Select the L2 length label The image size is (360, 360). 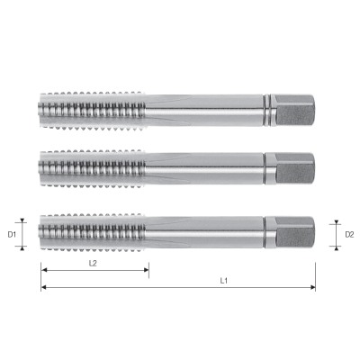94,263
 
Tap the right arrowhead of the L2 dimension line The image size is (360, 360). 146,270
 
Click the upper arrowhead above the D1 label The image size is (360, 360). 25,217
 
